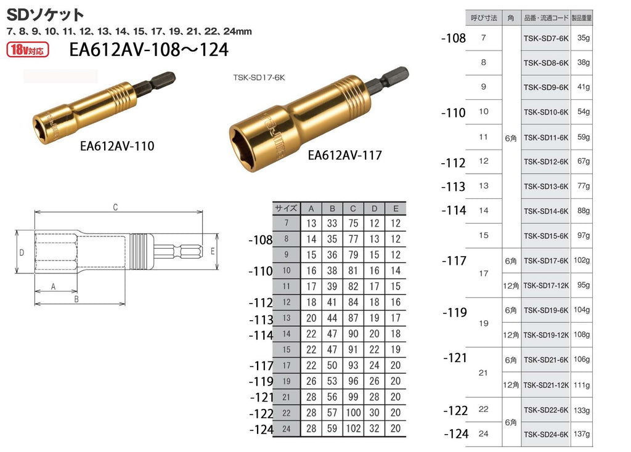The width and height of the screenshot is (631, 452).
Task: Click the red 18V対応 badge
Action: [x=27, y=49]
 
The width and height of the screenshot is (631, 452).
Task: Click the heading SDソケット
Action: [x=45, y=15]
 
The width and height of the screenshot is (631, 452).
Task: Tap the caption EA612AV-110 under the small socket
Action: [x=117, y=146]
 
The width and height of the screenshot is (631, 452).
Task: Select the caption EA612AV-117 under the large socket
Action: [x=345, y=155]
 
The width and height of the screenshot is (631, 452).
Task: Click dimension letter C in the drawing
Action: [x=115, y=207]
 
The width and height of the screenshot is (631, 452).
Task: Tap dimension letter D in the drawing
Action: [x=22, y=252]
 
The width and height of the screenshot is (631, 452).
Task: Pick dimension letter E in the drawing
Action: [x=213, y=252]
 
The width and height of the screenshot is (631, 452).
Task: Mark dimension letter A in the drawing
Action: [x=53, y=286]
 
